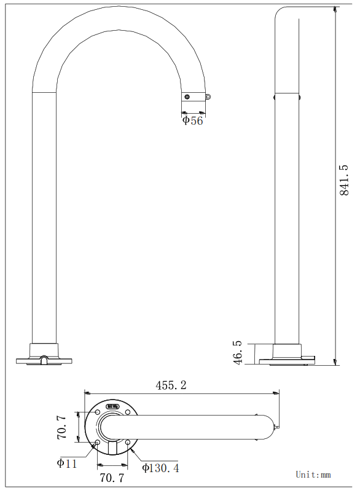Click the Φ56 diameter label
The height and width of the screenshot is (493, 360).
[192, 120]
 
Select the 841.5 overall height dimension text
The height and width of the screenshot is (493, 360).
[345, 179]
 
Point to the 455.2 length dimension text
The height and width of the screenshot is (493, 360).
[171, 385]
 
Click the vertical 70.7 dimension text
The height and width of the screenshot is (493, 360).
[62, 427]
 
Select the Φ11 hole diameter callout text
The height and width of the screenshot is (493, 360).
[67, 463]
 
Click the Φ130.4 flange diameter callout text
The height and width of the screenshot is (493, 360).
[160, 468]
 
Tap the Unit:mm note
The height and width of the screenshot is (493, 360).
[313, 475]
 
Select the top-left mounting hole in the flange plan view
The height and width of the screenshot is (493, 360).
[97, 412]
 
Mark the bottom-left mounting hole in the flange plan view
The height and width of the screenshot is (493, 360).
[97, 442]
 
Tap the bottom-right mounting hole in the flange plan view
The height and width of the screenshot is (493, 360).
[127, 442]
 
